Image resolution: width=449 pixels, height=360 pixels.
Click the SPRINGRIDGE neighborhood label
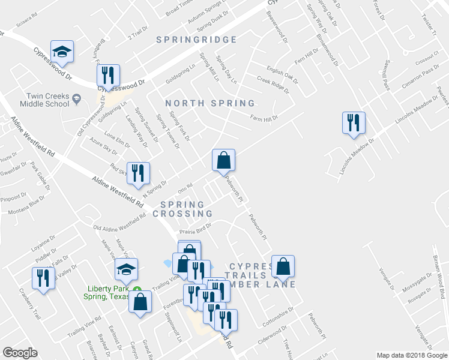(196, 40)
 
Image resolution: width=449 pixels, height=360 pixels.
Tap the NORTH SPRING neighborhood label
(210, 104)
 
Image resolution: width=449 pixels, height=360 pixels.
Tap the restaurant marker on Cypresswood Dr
(109, 75)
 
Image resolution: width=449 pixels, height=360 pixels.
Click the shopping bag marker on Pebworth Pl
(223, 160)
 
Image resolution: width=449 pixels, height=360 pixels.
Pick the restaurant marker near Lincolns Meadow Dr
(354, 122)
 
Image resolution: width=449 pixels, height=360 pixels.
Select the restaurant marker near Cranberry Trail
(43, 278)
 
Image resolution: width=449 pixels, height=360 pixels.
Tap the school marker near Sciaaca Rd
(62, 52)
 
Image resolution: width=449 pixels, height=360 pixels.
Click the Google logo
(20, 353)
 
